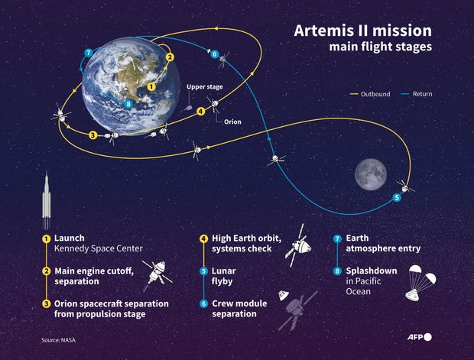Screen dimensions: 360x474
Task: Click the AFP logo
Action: pos(417,336)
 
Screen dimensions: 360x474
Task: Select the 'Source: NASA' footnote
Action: pos(59,339)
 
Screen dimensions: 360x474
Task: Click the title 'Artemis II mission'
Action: pos(363,31)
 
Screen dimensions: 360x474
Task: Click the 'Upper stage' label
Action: pos(205,87)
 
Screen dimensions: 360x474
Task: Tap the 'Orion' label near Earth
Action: pos(232,122)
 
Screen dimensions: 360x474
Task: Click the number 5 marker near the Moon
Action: pos(396,198)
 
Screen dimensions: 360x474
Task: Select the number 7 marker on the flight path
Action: pos(89,52)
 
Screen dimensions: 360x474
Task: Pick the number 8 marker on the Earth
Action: pos(128,103)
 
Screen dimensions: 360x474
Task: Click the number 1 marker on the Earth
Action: pos(151,86)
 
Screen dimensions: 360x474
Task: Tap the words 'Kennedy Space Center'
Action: pos(98,248)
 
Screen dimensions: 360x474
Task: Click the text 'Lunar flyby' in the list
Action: pos(223,276)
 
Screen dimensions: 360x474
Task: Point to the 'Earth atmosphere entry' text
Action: pos(383,243)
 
